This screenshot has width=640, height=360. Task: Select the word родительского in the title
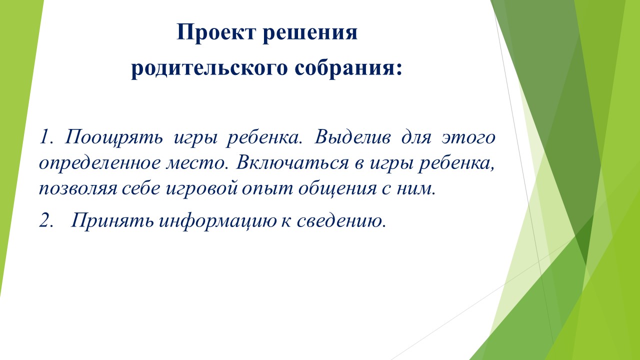point(209,69)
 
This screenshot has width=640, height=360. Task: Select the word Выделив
point(352,137)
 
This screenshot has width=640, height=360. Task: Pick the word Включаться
point(292,162)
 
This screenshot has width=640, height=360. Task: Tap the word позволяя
point(78,189)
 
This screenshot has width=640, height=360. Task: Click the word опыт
point(267,189)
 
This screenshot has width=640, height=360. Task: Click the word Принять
point(112,220)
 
